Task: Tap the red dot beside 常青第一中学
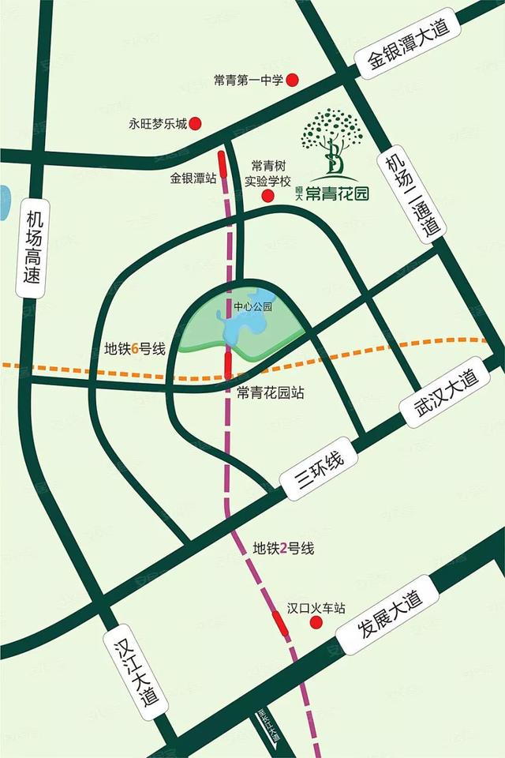[292, 80]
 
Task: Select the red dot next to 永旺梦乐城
[196, 123]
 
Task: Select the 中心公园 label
[253, 306]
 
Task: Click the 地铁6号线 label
[134, 348]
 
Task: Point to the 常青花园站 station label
[271, 392]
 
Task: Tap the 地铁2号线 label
[282, 548]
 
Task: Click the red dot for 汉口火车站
[316, 623]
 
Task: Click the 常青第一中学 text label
[248, 80]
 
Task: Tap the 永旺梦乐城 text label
[158, 124]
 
